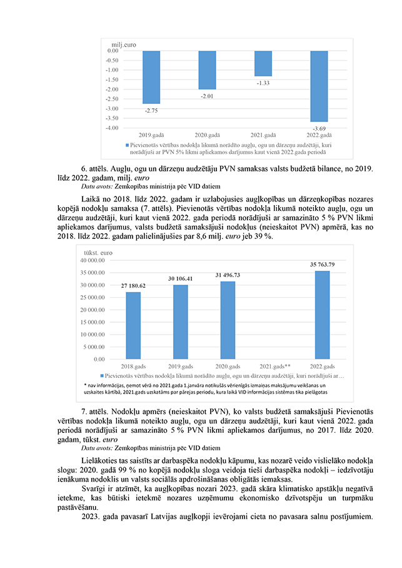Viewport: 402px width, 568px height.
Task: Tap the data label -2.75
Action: pyautogui.click(x=151, y=110)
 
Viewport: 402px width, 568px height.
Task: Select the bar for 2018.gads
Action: pyautogui.click(x=133, y=325)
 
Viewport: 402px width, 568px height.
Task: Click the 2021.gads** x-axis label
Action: pyautogui.click(x=276, y=366)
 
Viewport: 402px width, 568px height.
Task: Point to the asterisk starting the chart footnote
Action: pyautogui.click(x=85, y=384)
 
